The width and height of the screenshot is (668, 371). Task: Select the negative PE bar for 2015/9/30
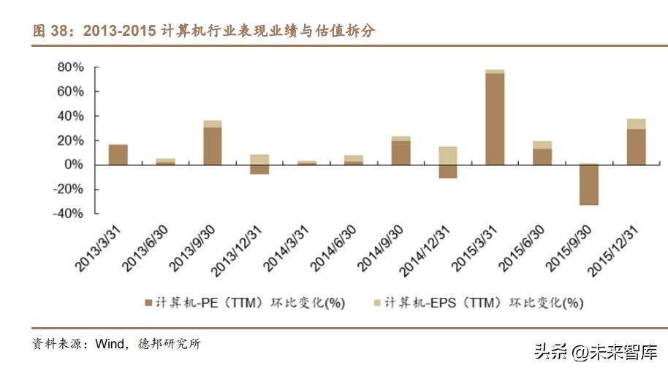tap(589, 184)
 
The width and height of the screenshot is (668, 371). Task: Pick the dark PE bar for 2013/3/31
tap(118, 154)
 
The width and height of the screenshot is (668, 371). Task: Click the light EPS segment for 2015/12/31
tap(636, 124)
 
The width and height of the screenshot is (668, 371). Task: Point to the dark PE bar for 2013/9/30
tap(213, 146)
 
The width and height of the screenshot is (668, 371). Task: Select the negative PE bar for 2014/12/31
tap(448, 171)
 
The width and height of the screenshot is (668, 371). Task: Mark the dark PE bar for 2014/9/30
tap(401, 152)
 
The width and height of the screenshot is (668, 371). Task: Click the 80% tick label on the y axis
tap(70, 67)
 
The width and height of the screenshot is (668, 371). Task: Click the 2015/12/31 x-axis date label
tap(618, 249)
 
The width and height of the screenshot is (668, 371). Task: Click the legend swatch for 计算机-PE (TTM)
tap(149, 302)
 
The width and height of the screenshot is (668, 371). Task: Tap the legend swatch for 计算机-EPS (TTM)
tap(377, 302)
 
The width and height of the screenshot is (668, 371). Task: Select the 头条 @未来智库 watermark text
tap(595, 353)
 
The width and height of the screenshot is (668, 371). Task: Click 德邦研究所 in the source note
tap(167, 344)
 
